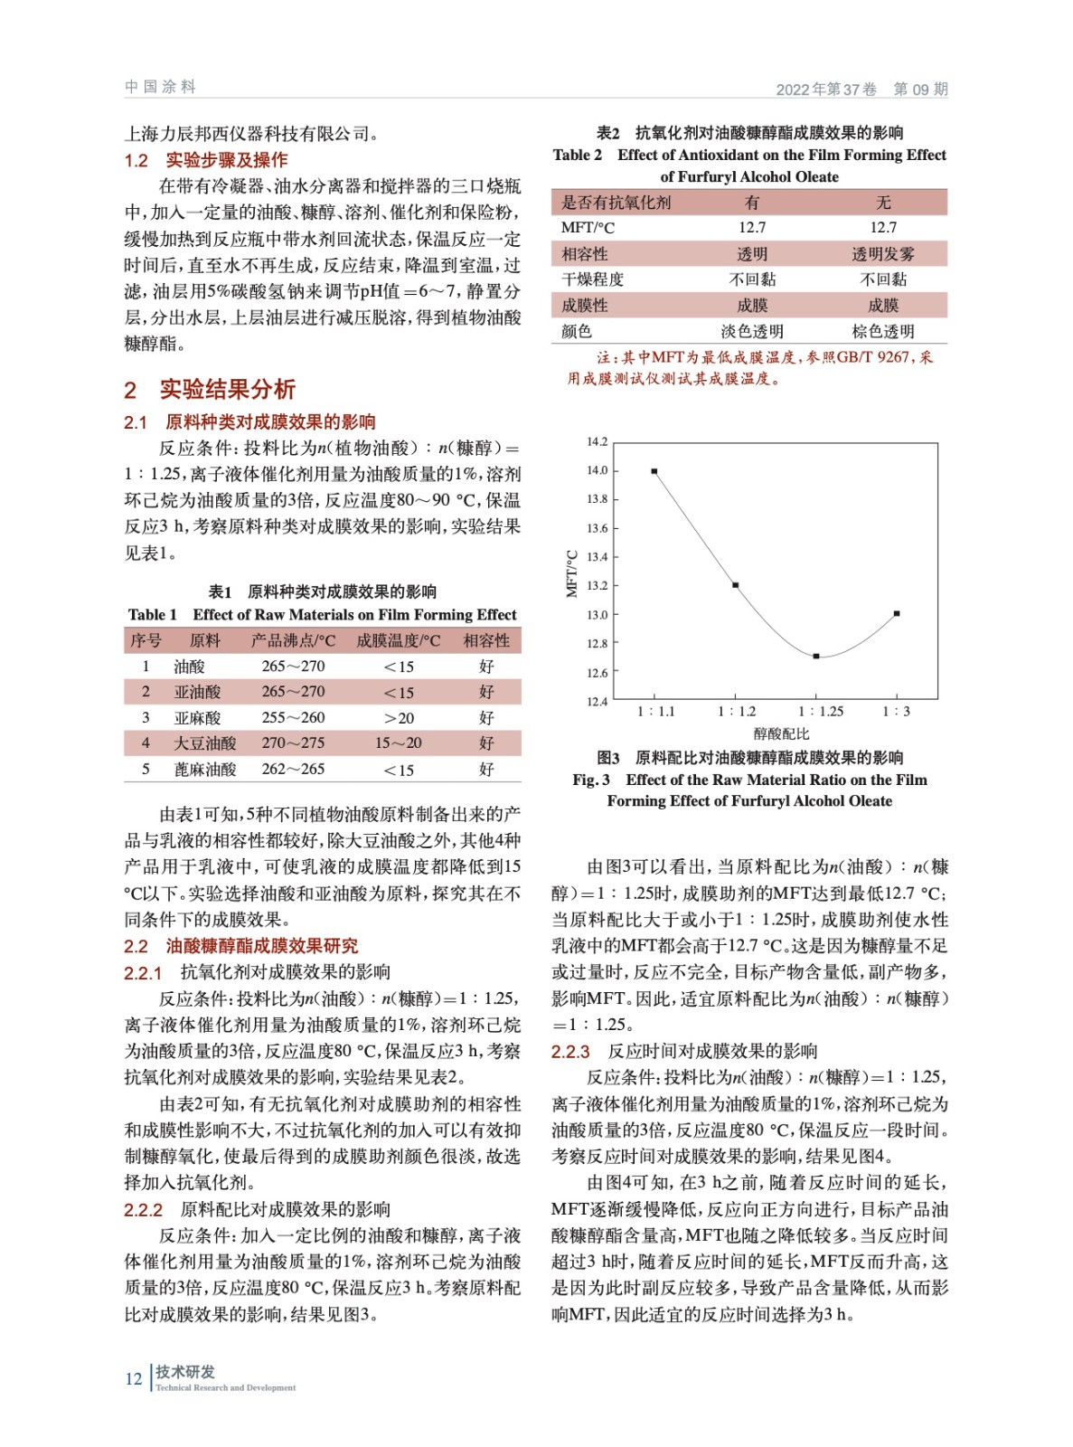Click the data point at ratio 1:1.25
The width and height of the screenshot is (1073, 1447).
[816, 656]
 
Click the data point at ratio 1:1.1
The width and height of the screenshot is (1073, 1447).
[654, 471]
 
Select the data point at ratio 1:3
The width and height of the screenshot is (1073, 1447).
[897, 613]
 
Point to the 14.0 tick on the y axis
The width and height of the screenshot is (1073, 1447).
[597, 470]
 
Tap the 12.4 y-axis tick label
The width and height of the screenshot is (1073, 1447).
[597, 701]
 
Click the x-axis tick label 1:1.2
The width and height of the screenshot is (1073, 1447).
[736, 712]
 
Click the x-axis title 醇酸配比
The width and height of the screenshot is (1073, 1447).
[781, 733]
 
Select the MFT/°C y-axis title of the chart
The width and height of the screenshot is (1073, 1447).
[571, 573]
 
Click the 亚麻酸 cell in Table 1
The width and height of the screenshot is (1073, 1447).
[197, 718]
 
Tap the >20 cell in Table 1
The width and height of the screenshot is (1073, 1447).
[398, 718]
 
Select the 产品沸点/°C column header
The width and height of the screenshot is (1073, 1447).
[293, 641]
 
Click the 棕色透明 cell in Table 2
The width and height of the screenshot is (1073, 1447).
[882, 331]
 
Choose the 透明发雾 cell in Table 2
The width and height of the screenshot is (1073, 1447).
[882, 254]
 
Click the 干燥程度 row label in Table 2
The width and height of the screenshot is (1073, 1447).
[592, 279]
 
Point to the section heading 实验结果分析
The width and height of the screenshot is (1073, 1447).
[227, 390]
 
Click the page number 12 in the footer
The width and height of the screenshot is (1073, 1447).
[134, 1378]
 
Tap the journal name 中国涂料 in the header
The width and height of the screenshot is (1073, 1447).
[160, 87]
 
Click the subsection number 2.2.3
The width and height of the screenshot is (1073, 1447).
[570, 1052]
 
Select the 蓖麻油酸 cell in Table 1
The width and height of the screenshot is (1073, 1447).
[204, 770]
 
